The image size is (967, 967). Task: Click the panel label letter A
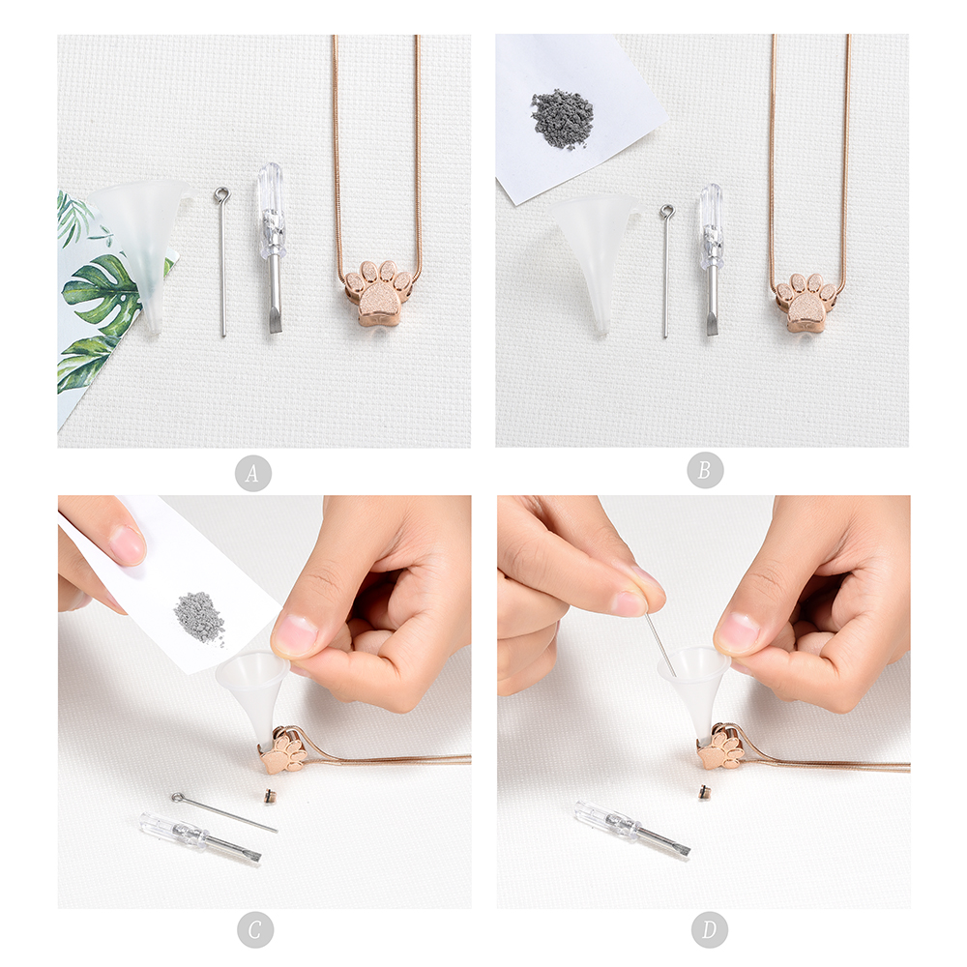[252, 473]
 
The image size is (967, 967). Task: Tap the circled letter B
[704, 470]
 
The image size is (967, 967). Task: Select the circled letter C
[254, 929]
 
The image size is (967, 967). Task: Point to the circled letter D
[709, 929]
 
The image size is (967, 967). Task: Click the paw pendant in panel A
[377, 294]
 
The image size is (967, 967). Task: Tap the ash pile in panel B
[562, 119]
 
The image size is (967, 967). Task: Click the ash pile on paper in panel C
[198, 617]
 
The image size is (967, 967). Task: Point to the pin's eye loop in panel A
[220, 195]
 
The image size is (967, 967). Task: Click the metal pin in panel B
[666, 272]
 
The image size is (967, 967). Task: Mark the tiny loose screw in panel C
[268, 796]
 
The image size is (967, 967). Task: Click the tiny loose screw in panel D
[703, 791]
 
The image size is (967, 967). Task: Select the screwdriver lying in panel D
[632, 829]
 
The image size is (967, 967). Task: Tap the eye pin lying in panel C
[224, 812]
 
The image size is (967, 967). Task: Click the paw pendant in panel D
[721, 747]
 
